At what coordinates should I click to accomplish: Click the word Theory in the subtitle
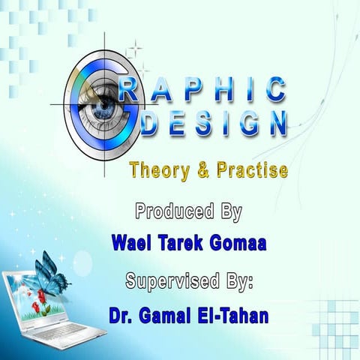(x=153, y=170)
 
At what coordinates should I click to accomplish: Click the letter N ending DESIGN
(x=277, y=123)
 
